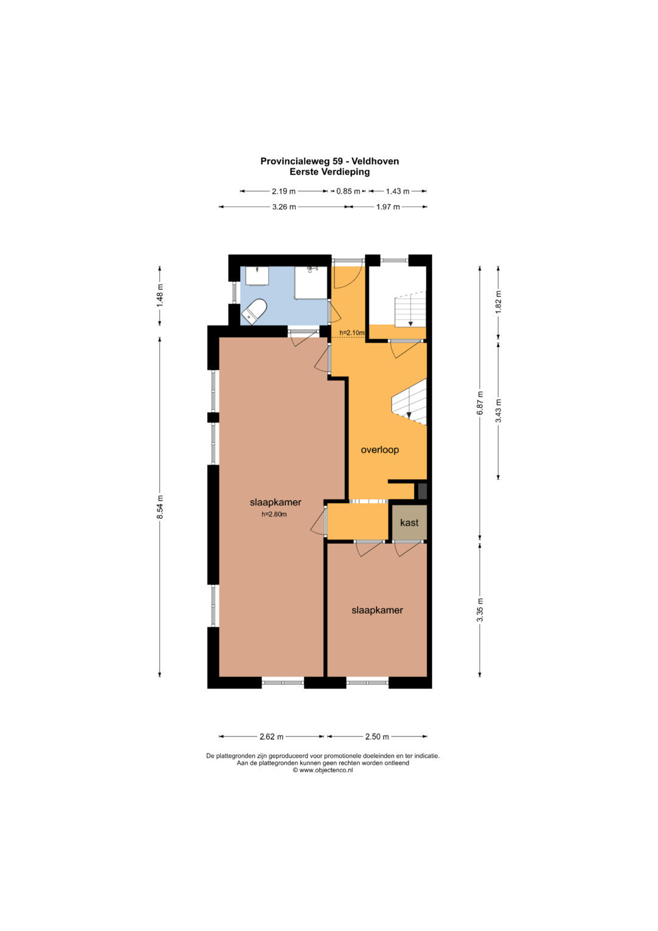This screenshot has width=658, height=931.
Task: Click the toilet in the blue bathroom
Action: pos(254,312)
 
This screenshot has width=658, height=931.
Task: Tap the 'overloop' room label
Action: pos(380,450)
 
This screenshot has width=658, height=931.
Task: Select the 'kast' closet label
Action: pos(409,523)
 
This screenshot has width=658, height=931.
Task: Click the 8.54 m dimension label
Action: pos(160,506)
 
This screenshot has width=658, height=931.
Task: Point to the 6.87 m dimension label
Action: pos(480,403)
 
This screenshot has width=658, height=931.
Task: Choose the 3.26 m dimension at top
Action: pos(284,207)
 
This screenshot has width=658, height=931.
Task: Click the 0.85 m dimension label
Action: pos(348,191)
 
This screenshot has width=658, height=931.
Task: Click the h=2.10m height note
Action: pos(352,332)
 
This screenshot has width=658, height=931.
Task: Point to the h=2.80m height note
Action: pos(274,514)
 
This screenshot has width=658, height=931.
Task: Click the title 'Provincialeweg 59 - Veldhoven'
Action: pos(330,161)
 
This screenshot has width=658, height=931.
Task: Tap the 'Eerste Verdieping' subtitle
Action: pos(330,172)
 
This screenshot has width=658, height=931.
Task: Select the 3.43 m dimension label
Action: pos(498,411)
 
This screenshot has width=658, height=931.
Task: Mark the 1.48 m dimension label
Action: pos(160,296)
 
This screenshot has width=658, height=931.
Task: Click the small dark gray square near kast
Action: pos(422,491)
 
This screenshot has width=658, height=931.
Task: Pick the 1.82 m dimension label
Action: pos(498,302)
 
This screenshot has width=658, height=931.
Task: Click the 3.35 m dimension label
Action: pos(480,610)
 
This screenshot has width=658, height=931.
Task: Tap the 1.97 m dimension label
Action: pos(388,207)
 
